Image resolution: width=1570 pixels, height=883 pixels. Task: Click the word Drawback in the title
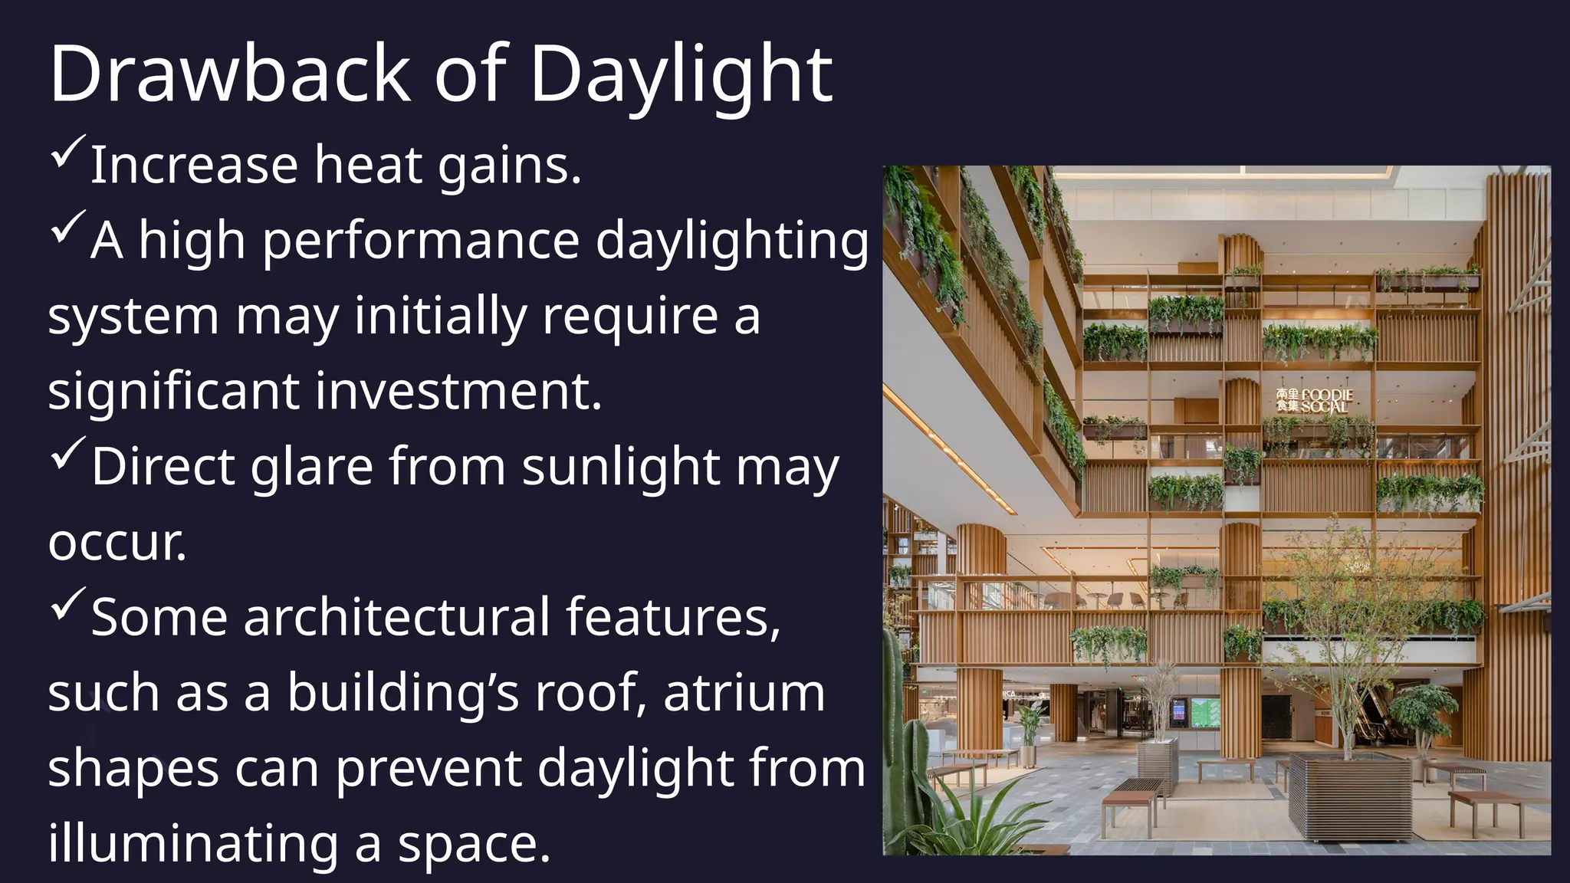tap(230, 74)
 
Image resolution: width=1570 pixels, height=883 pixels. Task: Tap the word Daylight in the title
tap(681, 74)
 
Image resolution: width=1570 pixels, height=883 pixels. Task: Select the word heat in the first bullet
tap(368, 165)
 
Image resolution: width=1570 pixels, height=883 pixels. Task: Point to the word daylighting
tap(732, 241)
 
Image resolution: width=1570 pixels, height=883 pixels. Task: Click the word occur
tap(117, 542)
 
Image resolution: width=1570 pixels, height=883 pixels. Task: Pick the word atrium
tap(744, 692)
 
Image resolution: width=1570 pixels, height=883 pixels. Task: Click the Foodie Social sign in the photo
tap(1315, 400)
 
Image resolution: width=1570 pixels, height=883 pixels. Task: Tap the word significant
tap(173, 391)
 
